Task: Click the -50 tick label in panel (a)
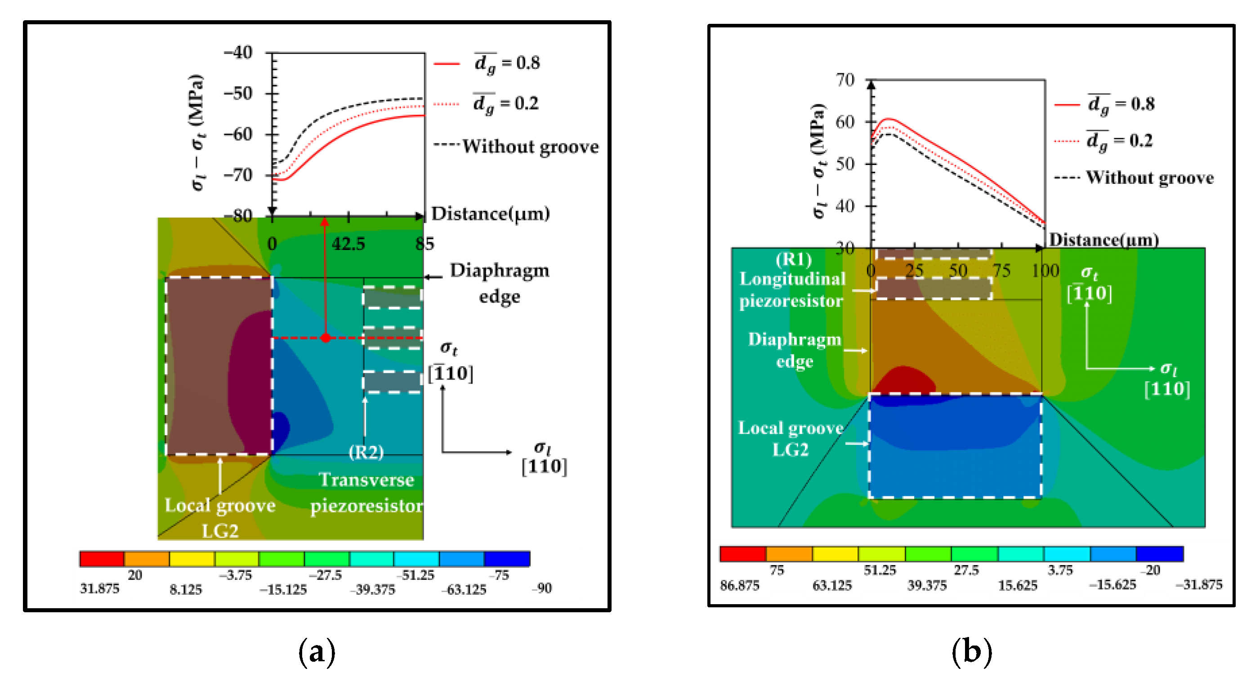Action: click(238, 93)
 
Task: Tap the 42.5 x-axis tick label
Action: click(348, 244)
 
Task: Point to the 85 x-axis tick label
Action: click(424, 244)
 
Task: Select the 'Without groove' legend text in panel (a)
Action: click(530, 147)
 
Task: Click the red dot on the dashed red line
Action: click(326, 338)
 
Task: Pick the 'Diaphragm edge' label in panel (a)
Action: click(500, 283)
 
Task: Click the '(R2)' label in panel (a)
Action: click(366, 452)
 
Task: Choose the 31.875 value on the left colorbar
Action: click(99, 588)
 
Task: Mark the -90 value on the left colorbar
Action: click(542, 588)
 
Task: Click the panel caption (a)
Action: click(317, 651)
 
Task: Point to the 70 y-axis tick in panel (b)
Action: click(845, 80)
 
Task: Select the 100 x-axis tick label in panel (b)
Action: click(1045, 271)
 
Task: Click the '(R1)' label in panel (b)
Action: click(794, 259)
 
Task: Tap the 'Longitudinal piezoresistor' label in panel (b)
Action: click(792, 290)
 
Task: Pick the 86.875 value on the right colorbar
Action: click(740, 586)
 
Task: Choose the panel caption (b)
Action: click(972, 651)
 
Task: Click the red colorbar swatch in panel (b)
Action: click(742, 554)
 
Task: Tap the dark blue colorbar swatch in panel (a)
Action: click(507, 559)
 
